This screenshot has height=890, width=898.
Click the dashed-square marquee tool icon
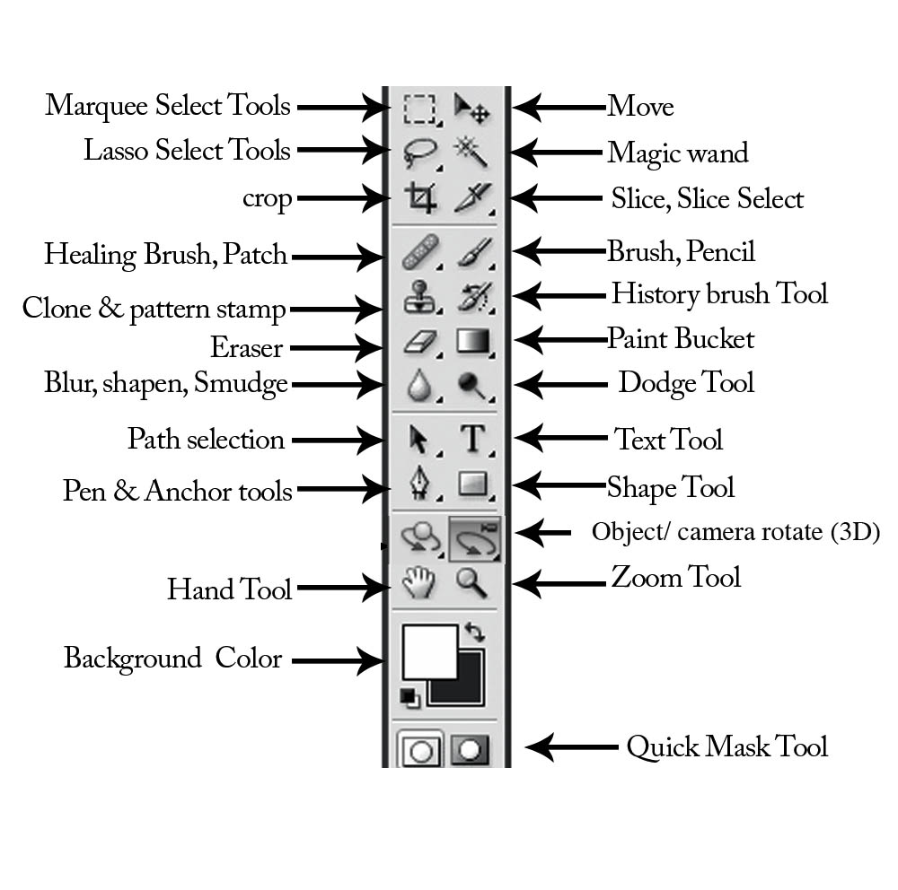coord(419,108)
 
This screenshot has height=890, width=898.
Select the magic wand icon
coord(471,151)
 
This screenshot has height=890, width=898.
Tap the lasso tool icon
coord(419,151)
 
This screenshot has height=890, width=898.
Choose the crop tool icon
coord(419,196)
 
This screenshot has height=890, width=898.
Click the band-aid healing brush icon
coord(419,252)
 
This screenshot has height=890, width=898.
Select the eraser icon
coord(419,342)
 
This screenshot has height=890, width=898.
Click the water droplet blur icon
coord(419,386)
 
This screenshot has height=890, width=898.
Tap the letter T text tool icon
coord(472,439)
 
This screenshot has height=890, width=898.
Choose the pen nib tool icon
coord(419,485)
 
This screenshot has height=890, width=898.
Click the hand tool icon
coord(418,584)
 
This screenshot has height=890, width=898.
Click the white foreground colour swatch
coord(428,651)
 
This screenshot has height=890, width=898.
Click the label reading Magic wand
coord(677,153)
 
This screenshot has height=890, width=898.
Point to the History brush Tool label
coord(718,293)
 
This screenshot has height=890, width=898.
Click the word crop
coord(267,198)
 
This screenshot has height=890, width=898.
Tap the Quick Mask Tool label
coord(726,746)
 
